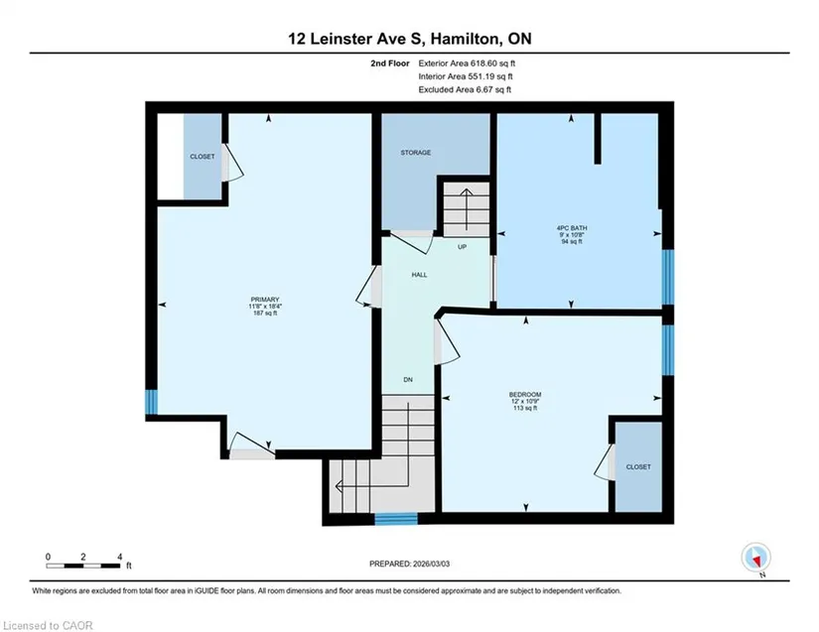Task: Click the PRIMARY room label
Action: point(265,300)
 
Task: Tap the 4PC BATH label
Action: point(572,228)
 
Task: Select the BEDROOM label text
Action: point(525,395)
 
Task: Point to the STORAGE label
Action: point(416,153)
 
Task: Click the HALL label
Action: point(419,275)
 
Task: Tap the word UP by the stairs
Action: point(462,247)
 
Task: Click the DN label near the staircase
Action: point(408,379)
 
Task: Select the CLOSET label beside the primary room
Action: point(203,157)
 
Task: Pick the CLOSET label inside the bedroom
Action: point(638,467)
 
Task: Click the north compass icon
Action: point(755,558)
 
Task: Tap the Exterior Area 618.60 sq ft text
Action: point(467,63)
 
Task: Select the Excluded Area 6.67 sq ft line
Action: point(465,89)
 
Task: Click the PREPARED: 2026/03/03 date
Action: point(409,564)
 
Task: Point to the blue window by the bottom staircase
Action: point(396,519)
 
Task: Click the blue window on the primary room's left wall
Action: point(151,402)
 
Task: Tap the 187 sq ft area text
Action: point(265,314)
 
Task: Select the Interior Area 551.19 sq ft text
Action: point(466,76)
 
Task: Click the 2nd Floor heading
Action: point(390,63)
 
